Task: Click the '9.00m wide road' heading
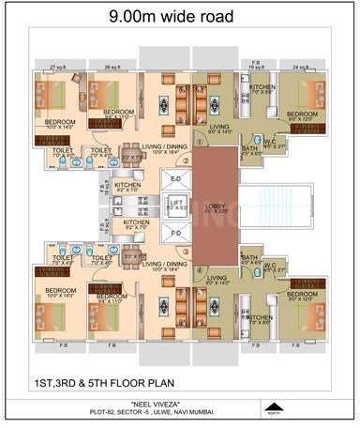coord(179,15)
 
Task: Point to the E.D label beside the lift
coord(175,177)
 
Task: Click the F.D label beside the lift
coord(175,232)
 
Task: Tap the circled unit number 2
coord(186,160)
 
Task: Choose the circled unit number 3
coord(186,252)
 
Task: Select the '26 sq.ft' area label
coord(112,68)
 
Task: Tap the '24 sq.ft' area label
coord(301,68)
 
